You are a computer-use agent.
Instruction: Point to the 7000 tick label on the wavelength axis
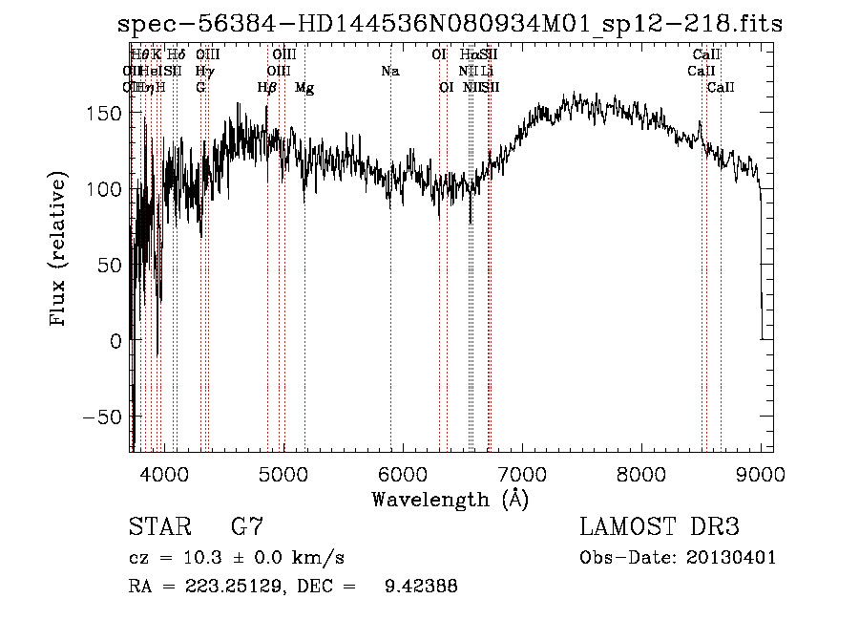pyautogui.click(x=521, y=473)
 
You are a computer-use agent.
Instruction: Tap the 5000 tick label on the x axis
pyautogui.click(x=283, y=473)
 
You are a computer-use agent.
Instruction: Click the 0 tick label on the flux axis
pyautogui.click(x=115, y=341)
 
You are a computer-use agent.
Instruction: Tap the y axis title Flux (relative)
pyautogui.click(x=59, y=250)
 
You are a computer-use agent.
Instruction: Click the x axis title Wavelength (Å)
pyautogui.click(x=450, y=499)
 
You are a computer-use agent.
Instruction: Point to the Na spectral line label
pyautogui.click(x=389, y=71)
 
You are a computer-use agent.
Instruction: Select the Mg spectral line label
pyautogui.click(x=304, y=88)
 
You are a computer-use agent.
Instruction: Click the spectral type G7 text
pyautogui.click(x=247, y=527)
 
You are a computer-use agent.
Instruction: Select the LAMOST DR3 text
pyautogui.click(x=660, y=527)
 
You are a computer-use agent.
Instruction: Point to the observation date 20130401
pyautogui.click(x=732, y=558)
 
